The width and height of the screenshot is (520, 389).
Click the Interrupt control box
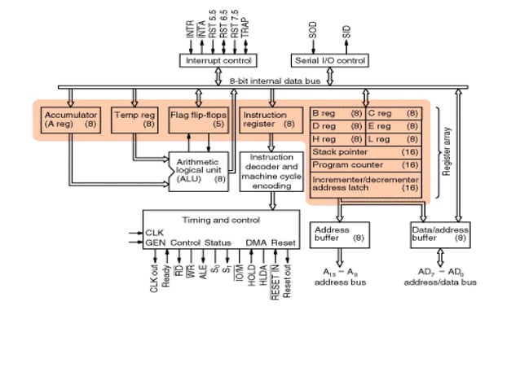(218, 61)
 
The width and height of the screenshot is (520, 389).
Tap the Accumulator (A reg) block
(71, 120)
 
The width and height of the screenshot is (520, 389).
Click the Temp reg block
(134, 120)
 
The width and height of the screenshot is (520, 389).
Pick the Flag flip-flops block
(198, 120)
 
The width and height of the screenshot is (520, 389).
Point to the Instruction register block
(268, 120)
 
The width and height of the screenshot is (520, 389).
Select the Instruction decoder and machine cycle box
(271, 171)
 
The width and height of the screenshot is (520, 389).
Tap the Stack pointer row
(364, 151)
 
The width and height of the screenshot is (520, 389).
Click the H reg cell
(337, 138)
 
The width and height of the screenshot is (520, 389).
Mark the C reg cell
(392, 114)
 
